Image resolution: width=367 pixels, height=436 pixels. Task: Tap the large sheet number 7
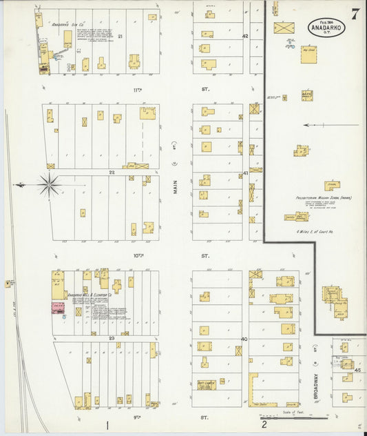354,14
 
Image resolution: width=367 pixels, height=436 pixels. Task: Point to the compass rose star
49,185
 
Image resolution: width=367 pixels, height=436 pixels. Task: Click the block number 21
120,36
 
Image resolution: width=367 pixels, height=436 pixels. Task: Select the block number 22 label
111,172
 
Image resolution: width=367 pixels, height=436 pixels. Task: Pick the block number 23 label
111,338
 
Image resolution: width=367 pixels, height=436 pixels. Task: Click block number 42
244,36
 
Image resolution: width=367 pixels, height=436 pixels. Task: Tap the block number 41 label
244,173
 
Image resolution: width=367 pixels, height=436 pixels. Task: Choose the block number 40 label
244,339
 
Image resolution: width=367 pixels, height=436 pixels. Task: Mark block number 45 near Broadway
357,370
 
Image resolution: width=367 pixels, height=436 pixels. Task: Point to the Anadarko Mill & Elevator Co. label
90,295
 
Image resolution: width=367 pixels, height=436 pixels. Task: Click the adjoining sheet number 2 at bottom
264,424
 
